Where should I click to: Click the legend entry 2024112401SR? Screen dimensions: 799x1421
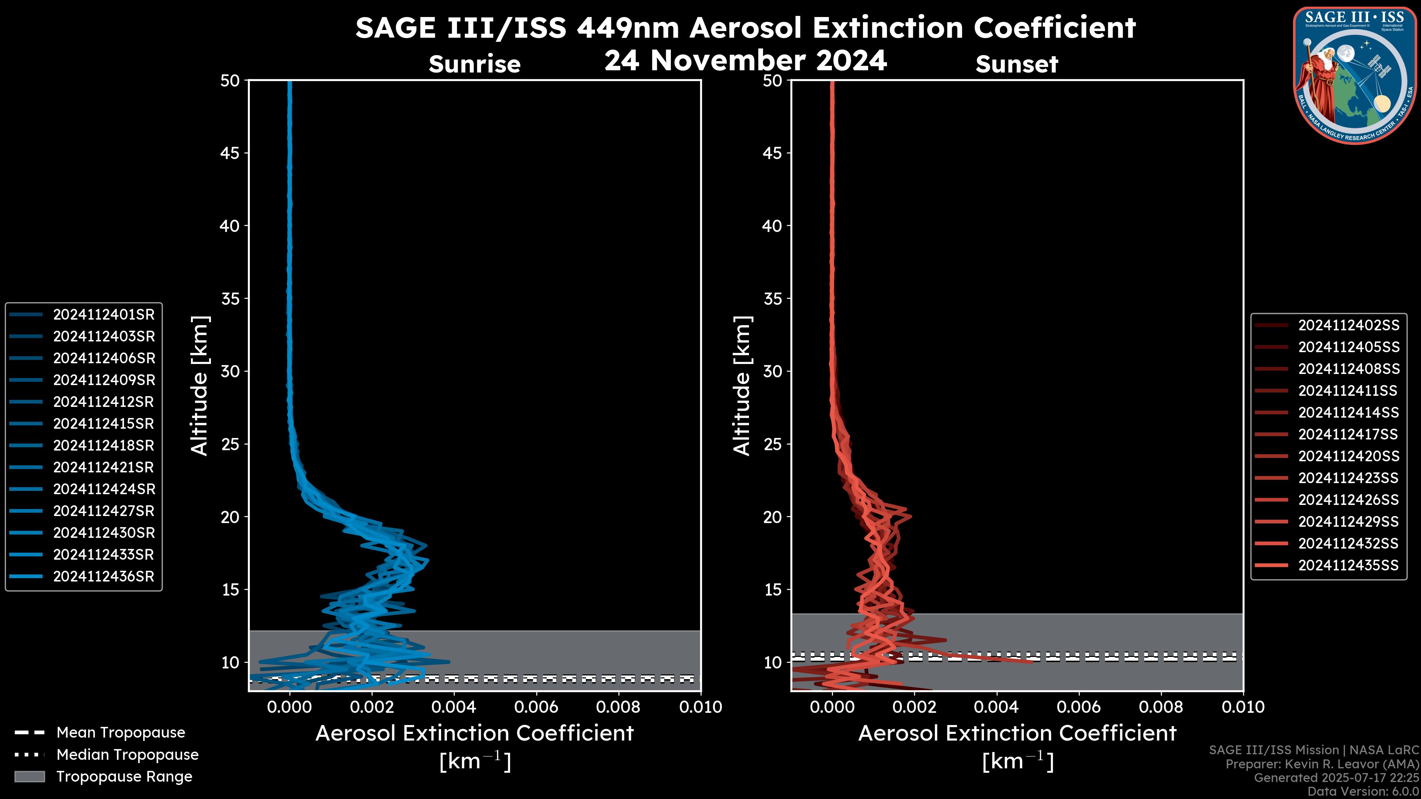pos(104,314)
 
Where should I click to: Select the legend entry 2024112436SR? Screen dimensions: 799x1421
pos(104,576)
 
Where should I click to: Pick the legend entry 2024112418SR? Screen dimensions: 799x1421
pos(104,445)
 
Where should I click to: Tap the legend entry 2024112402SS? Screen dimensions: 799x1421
pos(1348,326)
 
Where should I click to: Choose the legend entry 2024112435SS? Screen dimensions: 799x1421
pos(1348,565)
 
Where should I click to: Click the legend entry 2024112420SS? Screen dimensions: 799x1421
pos(1348,456)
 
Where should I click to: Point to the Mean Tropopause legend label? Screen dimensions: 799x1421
pos(121,732)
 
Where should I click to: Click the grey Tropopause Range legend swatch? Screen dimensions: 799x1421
pos(29,776)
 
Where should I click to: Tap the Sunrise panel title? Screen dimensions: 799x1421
pos(474,64)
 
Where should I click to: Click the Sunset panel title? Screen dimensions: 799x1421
pos(1017,64)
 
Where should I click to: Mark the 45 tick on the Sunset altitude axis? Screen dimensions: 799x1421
pos(772,153)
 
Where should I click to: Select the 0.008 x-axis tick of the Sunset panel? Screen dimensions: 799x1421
pos(1161,707)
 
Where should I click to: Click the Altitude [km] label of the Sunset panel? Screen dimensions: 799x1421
pos(742,386)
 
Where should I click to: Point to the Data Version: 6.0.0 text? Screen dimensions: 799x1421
pos(1364,791)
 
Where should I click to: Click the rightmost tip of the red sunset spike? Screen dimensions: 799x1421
pos(1032,662)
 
